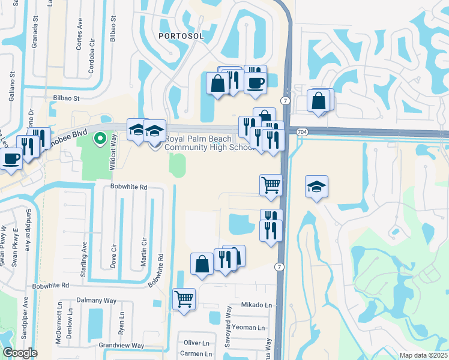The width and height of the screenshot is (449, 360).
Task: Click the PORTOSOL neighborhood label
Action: tap(182, 36)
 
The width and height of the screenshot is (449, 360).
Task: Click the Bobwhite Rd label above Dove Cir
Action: tap(129, 187)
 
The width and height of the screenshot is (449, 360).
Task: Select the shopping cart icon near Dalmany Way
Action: tap(184, 298)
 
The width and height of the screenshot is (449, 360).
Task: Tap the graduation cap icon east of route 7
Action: tap(316, 187)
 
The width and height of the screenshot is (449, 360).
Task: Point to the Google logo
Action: tap(19, 353)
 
